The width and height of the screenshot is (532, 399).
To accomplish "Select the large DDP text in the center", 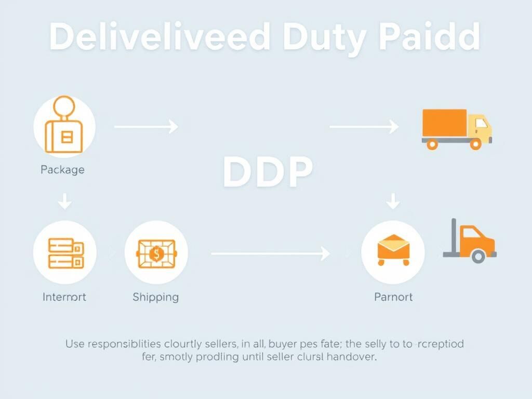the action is pyautogui.click(x=268, y=172).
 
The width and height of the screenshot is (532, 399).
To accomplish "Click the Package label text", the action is pyautogui.click(x=62, y=169).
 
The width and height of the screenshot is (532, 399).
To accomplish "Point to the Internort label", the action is pyautogui.click(x=64, y=297).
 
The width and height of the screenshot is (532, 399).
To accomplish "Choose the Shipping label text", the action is pyautogui.click(x=155, y=297).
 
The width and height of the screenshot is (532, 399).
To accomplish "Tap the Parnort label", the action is pyautogui.click(x=393, y=297).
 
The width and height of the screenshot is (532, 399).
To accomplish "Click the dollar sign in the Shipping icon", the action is pyautogui.click(x=156, y=254).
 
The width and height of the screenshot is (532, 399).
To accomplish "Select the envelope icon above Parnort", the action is pyautogui.click(x=393, y=248).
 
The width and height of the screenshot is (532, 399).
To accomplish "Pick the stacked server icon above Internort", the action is pyautogui.click(x=65, y=253).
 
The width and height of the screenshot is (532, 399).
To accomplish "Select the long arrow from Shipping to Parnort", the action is pyautogui.click(x=270, y=254).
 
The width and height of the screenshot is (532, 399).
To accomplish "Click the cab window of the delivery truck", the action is pyautogui.click(x=481, y=124).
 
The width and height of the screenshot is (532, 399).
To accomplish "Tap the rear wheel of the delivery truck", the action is pyautogui.click(x=432, y=143).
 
